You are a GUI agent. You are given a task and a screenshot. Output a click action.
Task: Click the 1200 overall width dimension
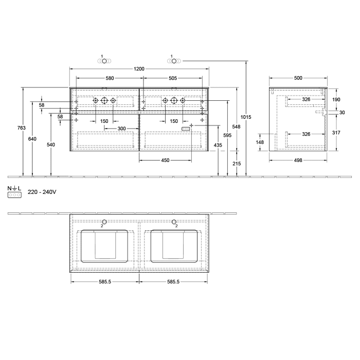coord(139,68)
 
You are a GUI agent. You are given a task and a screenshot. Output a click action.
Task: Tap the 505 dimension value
coord(173,78)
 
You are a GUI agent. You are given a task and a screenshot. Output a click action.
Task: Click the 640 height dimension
coord(32,138)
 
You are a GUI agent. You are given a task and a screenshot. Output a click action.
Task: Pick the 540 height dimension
coord(50,145)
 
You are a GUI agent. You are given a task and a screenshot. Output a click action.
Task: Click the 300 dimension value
coord(122,128)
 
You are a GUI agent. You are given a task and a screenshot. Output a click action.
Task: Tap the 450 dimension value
coord(165,160)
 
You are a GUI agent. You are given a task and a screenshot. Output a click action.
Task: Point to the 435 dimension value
coord(218,146)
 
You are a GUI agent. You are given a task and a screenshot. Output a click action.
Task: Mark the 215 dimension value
coord(237,163)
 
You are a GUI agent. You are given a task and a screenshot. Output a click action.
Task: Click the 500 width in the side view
coord(298,78)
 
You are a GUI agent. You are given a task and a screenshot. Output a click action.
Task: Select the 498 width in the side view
coord(298,160)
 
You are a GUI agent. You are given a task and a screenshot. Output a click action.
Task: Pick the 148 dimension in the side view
coord(260,142)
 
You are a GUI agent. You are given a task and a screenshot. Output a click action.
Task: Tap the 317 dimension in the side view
coord(336,133)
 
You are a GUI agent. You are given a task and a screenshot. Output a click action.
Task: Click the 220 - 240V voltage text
coord(41,191)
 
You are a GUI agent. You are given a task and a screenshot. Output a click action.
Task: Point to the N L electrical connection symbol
coord(14,192)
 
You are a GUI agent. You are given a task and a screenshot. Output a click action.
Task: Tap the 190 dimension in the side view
coord(336,99)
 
